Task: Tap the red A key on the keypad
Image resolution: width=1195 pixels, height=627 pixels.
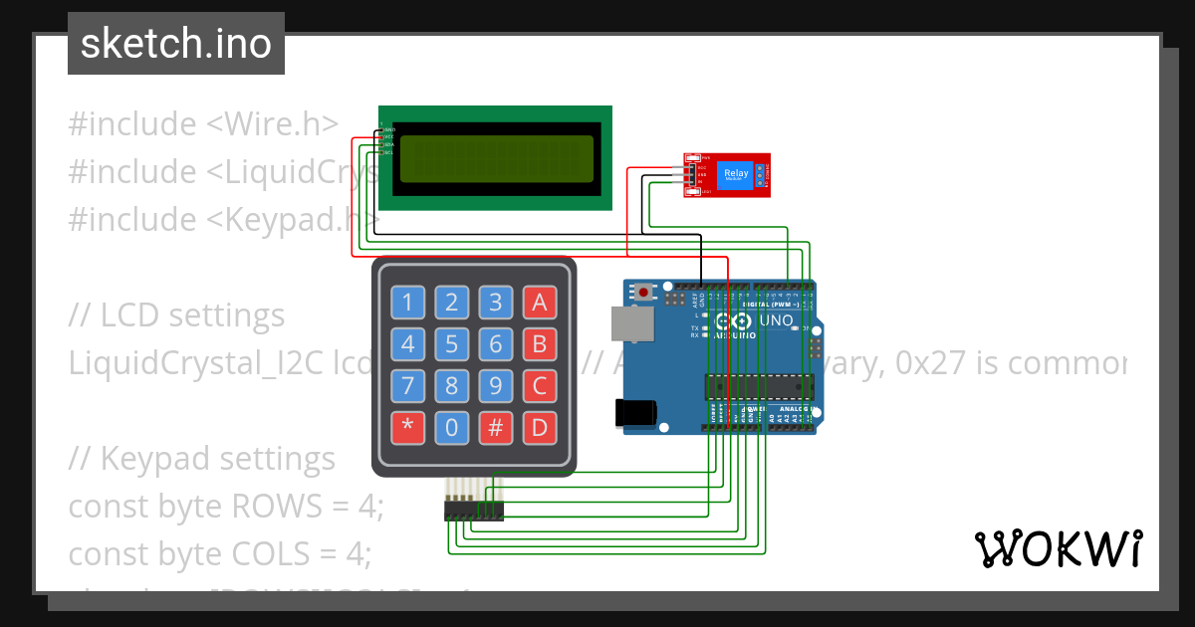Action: click(539, 303)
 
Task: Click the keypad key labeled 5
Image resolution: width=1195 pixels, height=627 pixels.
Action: click(451, 344)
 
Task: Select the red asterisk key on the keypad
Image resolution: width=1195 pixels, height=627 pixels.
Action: click(406, 428)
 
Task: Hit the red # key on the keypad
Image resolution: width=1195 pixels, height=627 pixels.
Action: click(495, 428)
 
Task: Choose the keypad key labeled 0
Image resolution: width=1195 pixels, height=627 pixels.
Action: click(451, 428)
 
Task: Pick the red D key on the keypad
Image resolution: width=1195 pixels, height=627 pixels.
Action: click(539, 428)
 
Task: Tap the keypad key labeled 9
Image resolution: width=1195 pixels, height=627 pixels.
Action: click(495, 386)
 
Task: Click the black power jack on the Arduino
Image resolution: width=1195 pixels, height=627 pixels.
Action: click(634, 412)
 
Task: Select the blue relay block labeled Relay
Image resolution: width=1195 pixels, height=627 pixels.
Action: click(735, 175)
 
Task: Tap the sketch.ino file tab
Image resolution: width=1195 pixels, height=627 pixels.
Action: click(176, 44)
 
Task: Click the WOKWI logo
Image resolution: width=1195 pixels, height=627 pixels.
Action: click(1058, 548)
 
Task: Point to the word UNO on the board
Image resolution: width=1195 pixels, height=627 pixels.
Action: click(776, 320)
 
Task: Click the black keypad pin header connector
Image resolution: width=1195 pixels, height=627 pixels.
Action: click(473, 511)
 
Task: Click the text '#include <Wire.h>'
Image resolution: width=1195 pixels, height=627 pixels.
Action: click(203, 124)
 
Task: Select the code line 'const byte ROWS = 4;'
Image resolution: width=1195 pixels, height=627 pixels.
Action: click(225, 507)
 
